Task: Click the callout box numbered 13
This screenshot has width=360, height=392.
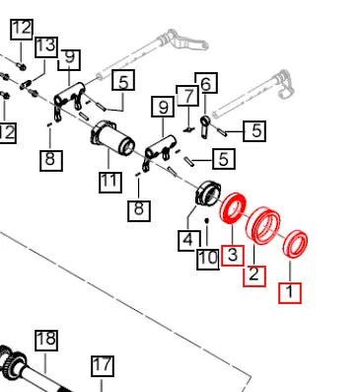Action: pyautogui.click(x=46, y=46)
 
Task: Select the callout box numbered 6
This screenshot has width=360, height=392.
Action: pyautogui.click(x=206, y=83)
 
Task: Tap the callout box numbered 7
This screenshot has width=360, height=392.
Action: pyautogui.click(x=187, y=96)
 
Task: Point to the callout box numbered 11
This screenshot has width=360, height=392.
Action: pyautogui.click(x=110, y=182)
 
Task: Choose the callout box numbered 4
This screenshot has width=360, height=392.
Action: pyautogui.click(x=189, y=241)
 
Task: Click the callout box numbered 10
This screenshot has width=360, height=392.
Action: pyautogui.click(x=208, y=259)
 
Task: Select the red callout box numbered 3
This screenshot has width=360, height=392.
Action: pyautogui.click(x=233, y=256)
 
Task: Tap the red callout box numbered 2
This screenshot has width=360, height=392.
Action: pyautogui.click(x=254, y=275)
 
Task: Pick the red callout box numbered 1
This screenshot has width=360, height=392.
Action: pyautogui.click(x=290, y=292)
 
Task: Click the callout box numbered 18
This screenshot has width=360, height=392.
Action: pyautogui.click(x=46, y=341)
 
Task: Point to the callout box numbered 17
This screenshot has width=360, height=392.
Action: pyautogui.click(x=103, y=366)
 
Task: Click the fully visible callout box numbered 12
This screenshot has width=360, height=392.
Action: pyautogui.click(x=22, y=30)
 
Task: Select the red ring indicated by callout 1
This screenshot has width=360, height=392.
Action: pyautogui.click(x=296, y=244)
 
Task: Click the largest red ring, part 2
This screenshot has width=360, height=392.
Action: pyautogui.click(x=263, y=225)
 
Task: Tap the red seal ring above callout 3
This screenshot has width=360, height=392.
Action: pyautogui.click(x=233, y=207)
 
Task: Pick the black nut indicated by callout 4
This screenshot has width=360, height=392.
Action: pyautogui.click(x=206, y=194)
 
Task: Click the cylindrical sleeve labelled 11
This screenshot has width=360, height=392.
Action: pyautogui.click(x=112, y=137)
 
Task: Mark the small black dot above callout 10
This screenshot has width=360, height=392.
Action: pyautogui.click(x=207, y=220)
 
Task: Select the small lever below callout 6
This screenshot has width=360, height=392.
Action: pyautogui.click(x=204, y=126)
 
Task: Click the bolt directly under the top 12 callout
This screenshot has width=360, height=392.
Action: pyautogui.click(x=22, y=66)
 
